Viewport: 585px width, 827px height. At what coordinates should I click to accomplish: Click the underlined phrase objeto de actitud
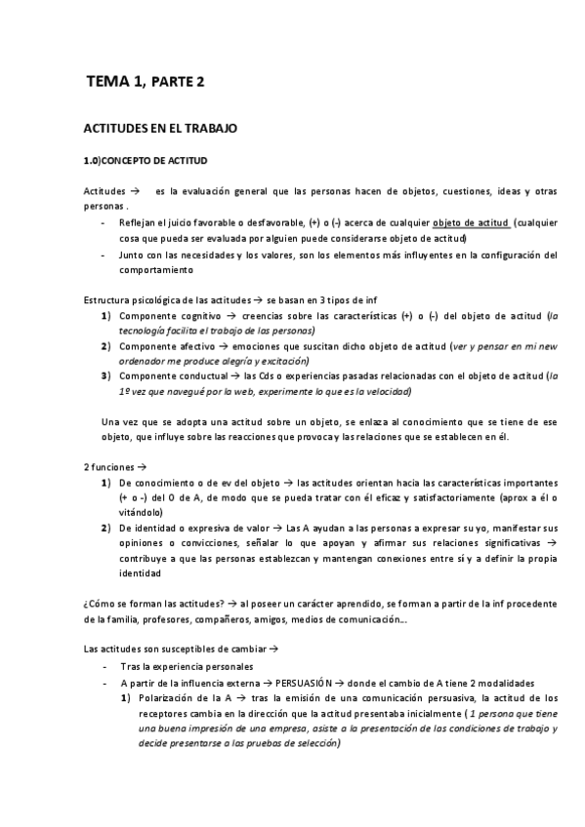point(471,222)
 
